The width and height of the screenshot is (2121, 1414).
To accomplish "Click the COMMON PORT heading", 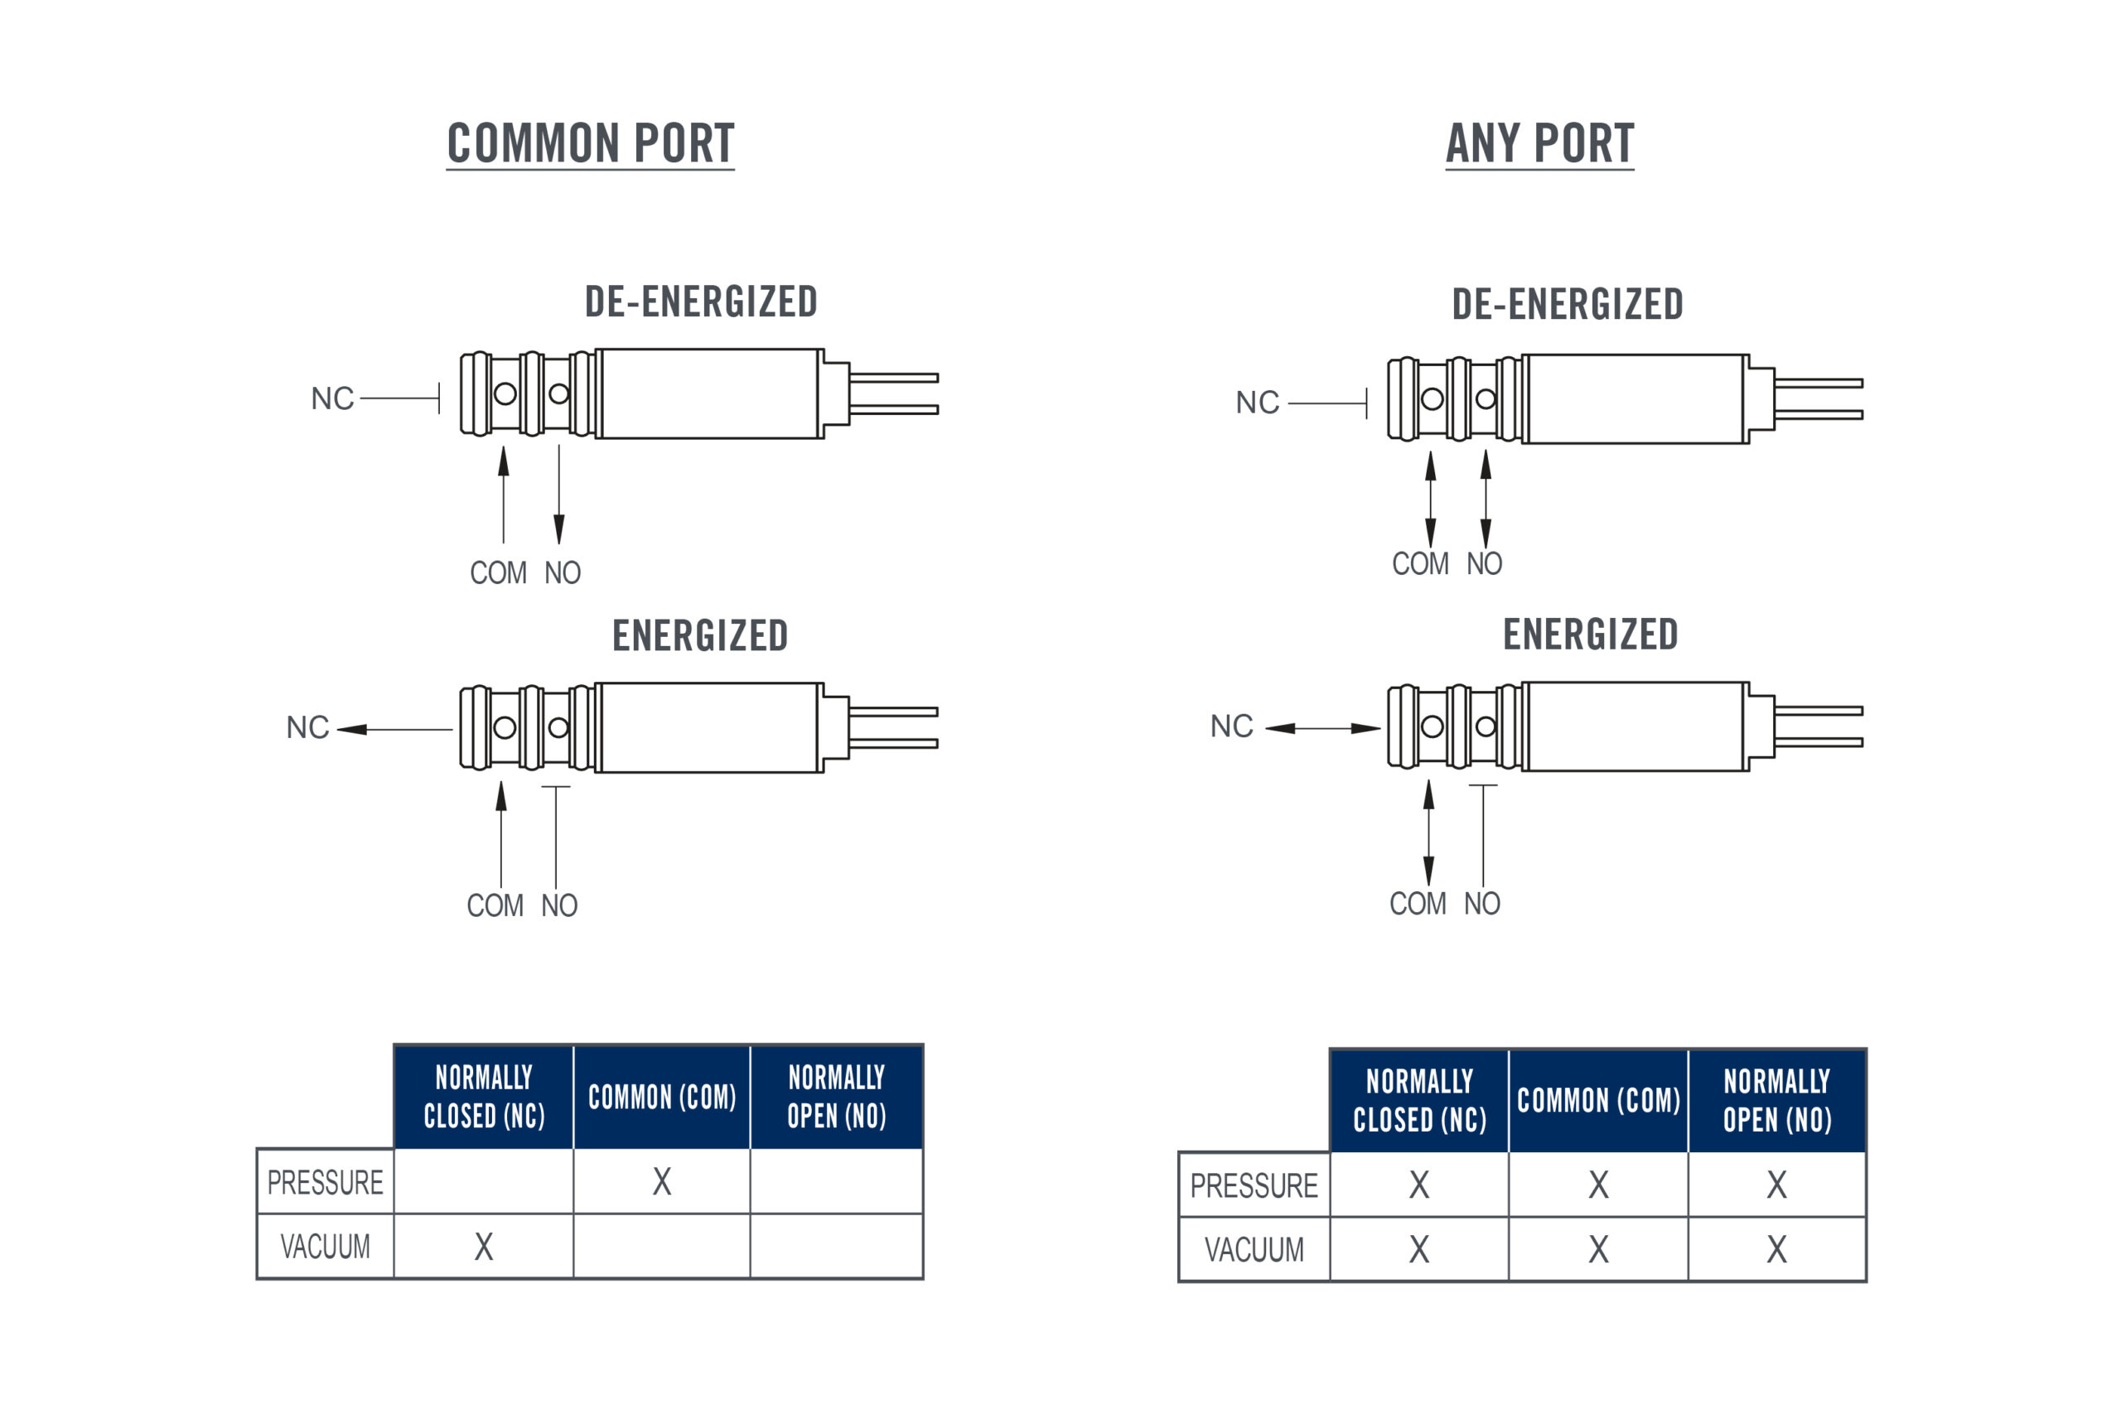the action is [591, 143].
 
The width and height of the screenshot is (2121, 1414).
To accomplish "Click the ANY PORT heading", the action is [1539, 143].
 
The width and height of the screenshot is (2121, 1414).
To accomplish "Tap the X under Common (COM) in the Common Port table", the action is [662, 1181].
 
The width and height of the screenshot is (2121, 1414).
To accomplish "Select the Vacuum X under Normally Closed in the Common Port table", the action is [484, 1247].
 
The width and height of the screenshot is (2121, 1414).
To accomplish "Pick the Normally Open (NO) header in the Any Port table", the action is [1776, 1100].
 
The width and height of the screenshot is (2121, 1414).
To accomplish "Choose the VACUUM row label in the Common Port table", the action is [326, 1247].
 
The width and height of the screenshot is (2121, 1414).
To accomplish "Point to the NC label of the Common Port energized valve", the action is [307, 726].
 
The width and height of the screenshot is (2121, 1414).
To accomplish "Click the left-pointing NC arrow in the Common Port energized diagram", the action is [395, 730].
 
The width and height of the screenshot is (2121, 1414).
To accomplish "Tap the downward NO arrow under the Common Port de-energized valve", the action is [559, 495].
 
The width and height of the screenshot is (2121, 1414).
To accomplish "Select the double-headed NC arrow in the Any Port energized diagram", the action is [1323, 729].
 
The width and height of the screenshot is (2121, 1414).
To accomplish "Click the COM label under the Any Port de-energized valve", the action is [1420, 563].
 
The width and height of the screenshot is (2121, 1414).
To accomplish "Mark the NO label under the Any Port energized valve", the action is [1481, 904].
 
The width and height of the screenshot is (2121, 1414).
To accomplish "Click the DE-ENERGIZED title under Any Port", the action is [1568, 304].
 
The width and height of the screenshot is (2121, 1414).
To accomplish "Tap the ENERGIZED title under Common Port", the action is [700, 635].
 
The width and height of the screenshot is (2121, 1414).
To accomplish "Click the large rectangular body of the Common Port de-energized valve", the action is [710, 394].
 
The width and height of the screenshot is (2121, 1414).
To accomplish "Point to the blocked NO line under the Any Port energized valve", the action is [1483, 835].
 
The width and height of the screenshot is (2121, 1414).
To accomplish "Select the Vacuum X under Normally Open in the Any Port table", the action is [1776, 1250].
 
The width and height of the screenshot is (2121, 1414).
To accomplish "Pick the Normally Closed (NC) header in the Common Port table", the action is [484, 1097].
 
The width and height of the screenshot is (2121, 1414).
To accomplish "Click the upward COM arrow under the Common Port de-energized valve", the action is [503, 495].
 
